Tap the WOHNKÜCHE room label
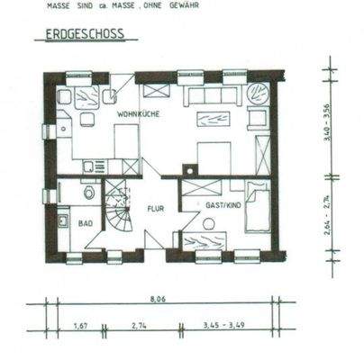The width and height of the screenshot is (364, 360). [137, 114]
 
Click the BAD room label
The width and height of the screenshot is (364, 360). [86, 221]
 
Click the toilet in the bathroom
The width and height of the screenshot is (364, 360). [88, 193]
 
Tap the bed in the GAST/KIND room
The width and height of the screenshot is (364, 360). [257, 208]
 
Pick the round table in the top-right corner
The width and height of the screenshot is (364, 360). [259, 93]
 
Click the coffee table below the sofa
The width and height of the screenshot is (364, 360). [214, 119]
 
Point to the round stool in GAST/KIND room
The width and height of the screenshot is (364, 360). [209, 224]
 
